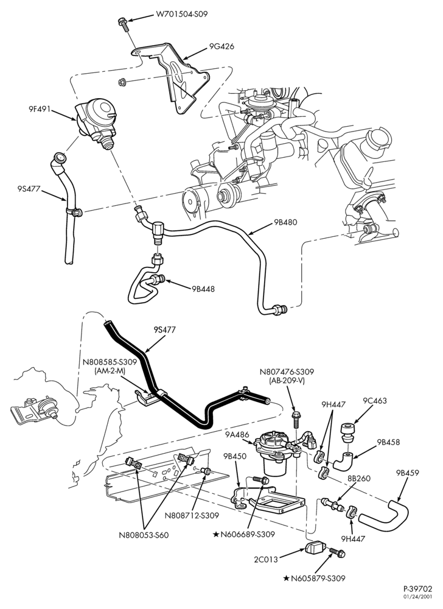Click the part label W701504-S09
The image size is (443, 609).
pos(181,15)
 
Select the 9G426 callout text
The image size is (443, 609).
pos(221,47)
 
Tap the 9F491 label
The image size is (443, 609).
pos(40,109)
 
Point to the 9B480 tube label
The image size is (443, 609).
pos(285,222)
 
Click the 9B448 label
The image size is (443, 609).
pos(203,289)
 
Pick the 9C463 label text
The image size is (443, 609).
pos(375,401)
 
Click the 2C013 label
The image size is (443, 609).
pos(266,560)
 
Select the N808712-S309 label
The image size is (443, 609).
pos(192,516)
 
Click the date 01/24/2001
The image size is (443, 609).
pos(421,597)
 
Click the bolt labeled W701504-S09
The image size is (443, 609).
pos(122,24)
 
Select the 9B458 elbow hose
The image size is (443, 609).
pos(343,461)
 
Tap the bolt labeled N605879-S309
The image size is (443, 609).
pos(337,552)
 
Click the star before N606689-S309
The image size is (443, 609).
pos(215,535)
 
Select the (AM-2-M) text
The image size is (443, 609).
pos(110,370)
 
